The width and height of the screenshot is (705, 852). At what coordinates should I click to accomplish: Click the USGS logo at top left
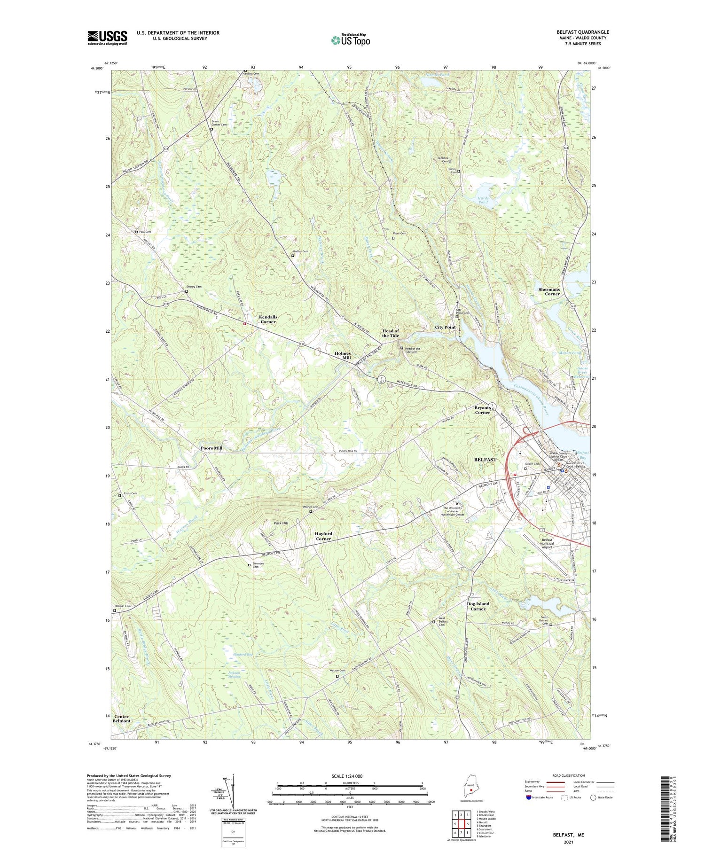click(107, 38)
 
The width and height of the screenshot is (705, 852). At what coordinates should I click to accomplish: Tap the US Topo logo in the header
click(350, 40)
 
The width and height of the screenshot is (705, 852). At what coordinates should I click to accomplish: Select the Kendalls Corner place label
click(268, 319)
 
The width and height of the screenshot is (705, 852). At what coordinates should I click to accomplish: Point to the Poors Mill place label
click(211, 448)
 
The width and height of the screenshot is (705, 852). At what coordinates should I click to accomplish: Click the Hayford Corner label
click(323, 536)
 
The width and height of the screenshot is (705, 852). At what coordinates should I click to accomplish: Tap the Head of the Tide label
click(390, 333)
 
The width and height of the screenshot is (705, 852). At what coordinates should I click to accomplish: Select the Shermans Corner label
click(549, 291)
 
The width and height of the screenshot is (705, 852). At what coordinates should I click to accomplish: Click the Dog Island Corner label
click(478, 606)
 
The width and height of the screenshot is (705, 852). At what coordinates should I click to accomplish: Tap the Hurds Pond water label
click(483, 200)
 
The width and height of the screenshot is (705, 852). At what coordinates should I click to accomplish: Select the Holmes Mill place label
click(342, 355)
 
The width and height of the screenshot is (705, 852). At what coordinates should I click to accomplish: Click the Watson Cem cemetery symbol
click(337, 676)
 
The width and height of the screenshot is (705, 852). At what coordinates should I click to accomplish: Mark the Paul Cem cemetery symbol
click(137, 232)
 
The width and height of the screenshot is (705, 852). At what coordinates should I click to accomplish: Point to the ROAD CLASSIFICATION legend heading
click(569, 775)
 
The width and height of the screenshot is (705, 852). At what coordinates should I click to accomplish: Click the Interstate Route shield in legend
click(529, 797)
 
